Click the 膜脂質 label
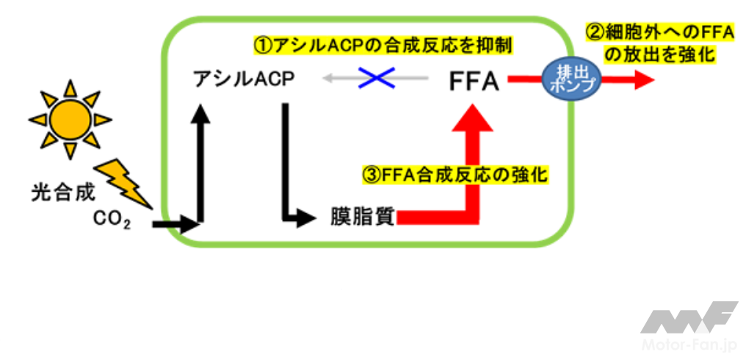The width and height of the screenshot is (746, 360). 363,216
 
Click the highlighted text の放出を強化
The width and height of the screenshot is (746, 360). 659,55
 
